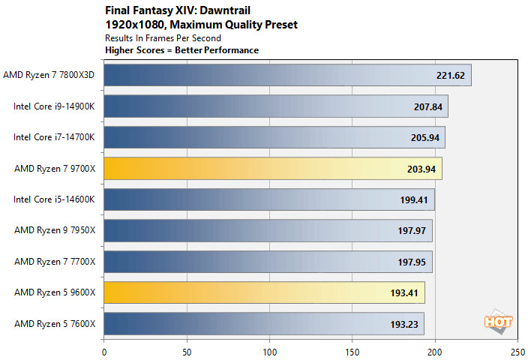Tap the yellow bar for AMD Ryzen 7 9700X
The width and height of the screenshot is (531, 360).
click(x=272, y=169)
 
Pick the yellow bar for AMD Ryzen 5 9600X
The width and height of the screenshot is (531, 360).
click(x=264, y=292)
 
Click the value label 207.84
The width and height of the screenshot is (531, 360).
click(x=428, y=106)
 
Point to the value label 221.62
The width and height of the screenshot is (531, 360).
click(x=451, y=75)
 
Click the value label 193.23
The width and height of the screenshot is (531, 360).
click(x=405, y=324)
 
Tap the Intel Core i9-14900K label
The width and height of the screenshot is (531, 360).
click(x=55, y=106)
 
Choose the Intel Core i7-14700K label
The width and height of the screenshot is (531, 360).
click(x=55, y=137)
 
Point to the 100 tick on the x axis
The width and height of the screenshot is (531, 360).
click(x=269, y=349)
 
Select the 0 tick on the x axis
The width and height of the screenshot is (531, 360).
click(x=103, y=349)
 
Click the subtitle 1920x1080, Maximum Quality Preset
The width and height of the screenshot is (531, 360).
click(x=200, y=25)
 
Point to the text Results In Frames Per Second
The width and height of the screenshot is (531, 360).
click(x=163, y=37)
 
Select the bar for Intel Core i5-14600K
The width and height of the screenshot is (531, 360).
click(x=268, y=199)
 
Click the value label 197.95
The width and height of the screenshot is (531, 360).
click(x=412, y=262)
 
